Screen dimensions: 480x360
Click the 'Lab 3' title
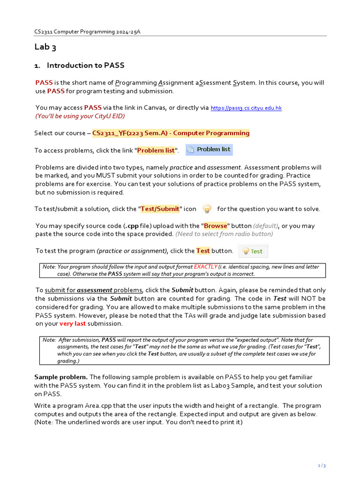pyautogui.click(x=45, y=47)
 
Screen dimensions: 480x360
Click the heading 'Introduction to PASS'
pyautogui.click(x=85, y=65)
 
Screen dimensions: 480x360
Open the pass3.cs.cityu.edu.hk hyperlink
pyautogui.click(x=246, y=108)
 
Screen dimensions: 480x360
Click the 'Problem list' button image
pyautogui.click(x=209, y=150)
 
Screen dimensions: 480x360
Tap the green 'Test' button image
pyautogui.click(x=253, y=251)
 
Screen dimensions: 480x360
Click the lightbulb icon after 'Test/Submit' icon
pyautogui.click(x=207, y=209)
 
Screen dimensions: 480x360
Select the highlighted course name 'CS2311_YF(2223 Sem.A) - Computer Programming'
pyautogui.click(x=171, y=133)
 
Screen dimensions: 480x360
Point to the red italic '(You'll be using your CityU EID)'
pyautogui.click(x=80, y=116)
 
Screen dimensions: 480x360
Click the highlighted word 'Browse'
pyautogui.click(x=215, y=226)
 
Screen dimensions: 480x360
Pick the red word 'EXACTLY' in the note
pyautogui.click(x=205, y=267)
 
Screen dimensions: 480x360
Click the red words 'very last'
pyautogui.click(x=73, y=324)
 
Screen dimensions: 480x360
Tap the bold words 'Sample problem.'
pyautogui.click(x=61, y=377)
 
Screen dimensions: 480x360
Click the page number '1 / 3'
pyautogui.click(x=322, y=465)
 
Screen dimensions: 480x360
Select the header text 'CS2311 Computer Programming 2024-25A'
pyautogui.click(x=87, y=31)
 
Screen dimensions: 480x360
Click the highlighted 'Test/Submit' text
pyautogui.click(x=160, y=209)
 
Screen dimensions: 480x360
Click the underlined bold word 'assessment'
pyautogui.click(x=95, y=290)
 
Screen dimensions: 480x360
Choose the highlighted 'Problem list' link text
pyautogui.click(x=156, y=150)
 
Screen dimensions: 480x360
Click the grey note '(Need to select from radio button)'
pyautogui.click(x=224, y=234)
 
